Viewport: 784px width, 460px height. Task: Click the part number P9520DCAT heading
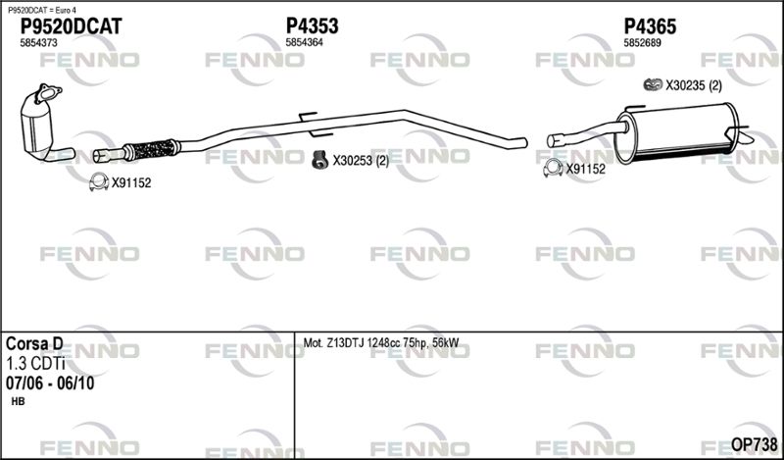coord(71,26)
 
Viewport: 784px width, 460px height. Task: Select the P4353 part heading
coord(312,26)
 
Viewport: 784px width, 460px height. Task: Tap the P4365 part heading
coord(650,26)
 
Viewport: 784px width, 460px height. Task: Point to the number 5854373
coord(38,43)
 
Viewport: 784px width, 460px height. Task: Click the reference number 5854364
coord(304,43)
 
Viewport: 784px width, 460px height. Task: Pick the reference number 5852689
coord(643,43)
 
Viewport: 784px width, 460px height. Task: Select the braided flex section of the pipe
coord(151,149)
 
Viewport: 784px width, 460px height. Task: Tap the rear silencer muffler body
coord(677,133)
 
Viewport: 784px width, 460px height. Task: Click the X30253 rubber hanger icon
coord(319,160)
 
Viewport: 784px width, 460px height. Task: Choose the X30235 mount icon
coord(653,85)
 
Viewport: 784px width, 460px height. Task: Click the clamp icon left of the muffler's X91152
coord(553,168)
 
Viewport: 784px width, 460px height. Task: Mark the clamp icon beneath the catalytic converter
coord(99,181)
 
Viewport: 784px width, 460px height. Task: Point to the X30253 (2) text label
coord(361,161)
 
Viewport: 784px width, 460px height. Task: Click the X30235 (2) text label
coord(694,86)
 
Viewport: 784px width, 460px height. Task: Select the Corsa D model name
coord(34,344)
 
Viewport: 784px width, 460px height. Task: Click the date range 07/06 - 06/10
coord(50,383)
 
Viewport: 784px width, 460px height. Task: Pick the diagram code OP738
coord(755,444)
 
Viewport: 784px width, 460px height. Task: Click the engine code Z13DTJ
coord(346,343)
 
